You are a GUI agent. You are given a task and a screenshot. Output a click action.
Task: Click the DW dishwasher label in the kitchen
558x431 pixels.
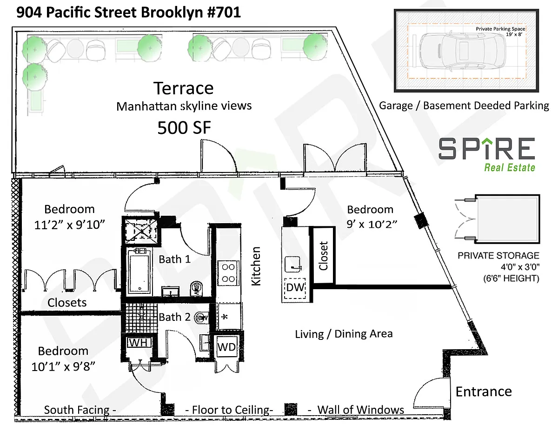[295, 287]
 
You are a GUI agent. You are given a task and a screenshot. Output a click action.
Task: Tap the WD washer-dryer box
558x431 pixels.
[226, 347]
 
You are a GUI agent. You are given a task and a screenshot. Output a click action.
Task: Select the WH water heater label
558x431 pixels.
[139, 343]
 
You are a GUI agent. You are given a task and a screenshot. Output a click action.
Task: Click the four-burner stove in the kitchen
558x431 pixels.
[228, 273]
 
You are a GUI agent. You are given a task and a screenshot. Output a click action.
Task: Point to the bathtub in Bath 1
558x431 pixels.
[139, 271]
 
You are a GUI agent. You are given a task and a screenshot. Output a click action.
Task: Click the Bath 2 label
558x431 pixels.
[175, 317]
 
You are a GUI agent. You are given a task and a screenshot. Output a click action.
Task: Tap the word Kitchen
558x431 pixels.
[256, 266]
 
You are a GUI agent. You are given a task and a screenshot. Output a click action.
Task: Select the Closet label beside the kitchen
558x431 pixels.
[323, 256]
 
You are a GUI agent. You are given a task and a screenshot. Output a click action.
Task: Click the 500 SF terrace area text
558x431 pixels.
[184, 128]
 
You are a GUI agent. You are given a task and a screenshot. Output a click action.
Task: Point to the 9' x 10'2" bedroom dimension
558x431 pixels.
[372, 225]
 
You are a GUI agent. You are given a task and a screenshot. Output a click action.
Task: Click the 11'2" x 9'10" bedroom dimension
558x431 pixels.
[70, 225]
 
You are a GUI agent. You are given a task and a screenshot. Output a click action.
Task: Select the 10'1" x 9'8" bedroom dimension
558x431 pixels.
[63, 366]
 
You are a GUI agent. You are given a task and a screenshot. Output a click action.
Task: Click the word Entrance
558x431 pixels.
[484, 391]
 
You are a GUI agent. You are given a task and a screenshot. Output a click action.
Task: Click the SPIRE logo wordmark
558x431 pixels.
[486, 148]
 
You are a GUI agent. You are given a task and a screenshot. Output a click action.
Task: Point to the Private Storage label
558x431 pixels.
[498, 256]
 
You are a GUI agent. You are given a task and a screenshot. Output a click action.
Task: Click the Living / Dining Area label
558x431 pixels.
[344, 334]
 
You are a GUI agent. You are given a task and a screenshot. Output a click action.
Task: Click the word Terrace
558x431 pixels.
[184, 88]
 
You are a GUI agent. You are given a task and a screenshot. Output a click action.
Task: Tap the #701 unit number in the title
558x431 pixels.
[224, 13]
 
